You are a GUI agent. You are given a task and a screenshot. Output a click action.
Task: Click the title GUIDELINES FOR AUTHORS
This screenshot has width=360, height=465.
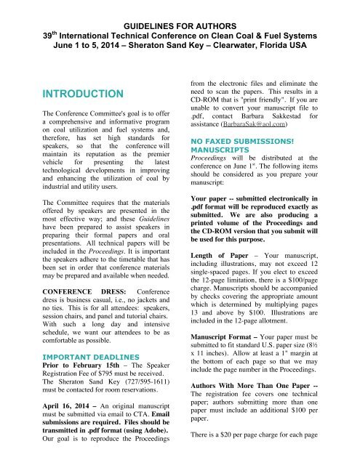click(180, 9)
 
